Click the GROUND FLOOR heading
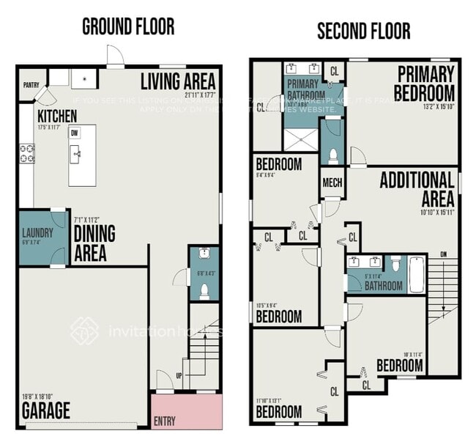click(x=128, y=27)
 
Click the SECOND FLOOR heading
click(x=363, y=31)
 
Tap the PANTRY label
click(x=31, y=85)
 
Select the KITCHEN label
click(x=57, y=117)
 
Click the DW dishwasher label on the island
click(x=74, y=133)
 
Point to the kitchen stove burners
click(x=27, y=153)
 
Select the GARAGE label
click(x=45, y=410)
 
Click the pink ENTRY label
click(x=165, y=421)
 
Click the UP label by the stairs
click(x=179, y=376)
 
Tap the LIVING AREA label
click(x=178, y=80)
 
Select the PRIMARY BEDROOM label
click(x=424, y=84)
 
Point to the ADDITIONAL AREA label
click(x=417, y=189)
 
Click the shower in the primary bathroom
click(x=301, y=138)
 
